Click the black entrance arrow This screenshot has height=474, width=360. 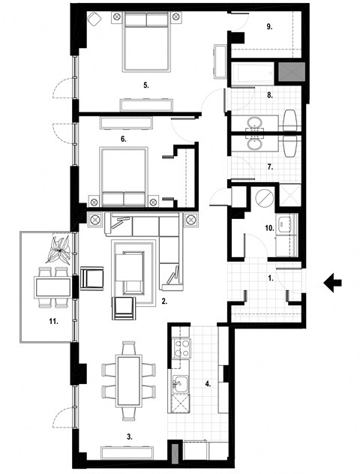pyautogui.click(x=331, y=282)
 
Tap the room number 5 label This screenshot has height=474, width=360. pyautogui.click(x=147, y=85)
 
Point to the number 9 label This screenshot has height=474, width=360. pyautogui.click(x=269, y=27)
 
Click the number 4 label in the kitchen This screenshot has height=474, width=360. pyautogui.click(x=209, y=383)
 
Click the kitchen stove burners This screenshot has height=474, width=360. pyautogui.click(x=181, y=346)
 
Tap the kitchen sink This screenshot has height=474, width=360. pyautogui.click(x=180, y=385)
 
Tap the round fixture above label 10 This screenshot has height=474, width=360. pyautogui.click(x=264, y=198)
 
